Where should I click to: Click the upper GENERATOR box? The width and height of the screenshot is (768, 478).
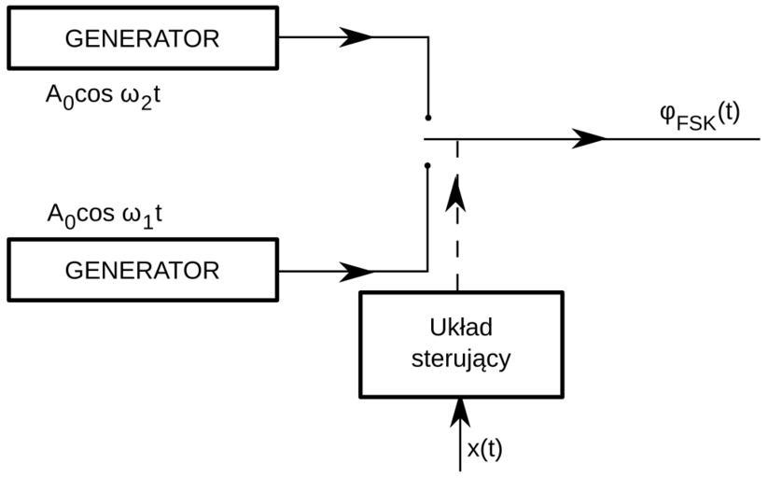tap(142, 38)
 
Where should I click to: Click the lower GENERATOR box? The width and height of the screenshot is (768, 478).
tap(142, 270)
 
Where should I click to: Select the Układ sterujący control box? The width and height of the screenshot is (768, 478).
tap(461, 344)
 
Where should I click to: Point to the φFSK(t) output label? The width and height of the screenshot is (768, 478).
tap(699, 115)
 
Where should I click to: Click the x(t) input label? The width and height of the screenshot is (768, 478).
tap(484, 449)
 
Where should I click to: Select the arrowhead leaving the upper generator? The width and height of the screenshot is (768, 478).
tap(356, 37)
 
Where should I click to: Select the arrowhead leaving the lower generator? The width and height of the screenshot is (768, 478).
tap(356, 272)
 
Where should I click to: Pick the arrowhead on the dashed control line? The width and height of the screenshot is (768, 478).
tap(457, 193)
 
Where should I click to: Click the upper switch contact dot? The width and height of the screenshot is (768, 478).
tap(427, 118)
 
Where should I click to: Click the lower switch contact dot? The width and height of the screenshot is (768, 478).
tap(427, 165)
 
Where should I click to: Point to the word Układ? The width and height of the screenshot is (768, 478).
tap(461, 329)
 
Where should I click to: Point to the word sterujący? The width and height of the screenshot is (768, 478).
tap(461, 358)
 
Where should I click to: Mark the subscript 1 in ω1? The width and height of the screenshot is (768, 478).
tap(146, 221)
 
